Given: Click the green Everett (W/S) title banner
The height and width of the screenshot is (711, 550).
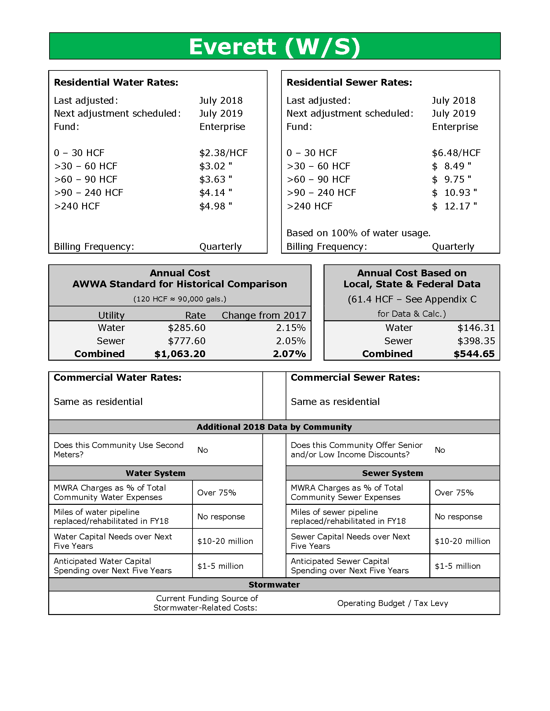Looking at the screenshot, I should point(275,46).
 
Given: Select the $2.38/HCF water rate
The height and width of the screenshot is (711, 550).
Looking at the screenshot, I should point(223,153).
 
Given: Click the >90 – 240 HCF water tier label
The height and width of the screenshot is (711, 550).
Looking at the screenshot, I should point(88,193).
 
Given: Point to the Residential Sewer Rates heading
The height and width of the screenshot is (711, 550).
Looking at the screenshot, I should point(349,82).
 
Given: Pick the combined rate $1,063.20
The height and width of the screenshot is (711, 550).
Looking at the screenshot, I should point(180,354).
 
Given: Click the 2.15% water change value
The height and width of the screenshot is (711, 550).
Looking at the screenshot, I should point(291,327).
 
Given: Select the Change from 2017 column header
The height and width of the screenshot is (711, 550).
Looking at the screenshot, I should point(264,315).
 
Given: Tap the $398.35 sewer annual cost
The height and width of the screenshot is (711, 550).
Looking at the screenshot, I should point(476,341).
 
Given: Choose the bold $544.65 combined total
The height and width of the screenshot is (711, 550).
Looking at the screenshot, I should point(474,354).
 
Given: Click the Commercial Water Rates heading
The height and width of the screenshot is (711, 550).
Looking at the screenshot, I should point(118,377).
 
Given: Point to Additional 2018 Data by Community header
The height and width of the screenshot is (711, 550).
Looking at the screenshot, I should point(274,427).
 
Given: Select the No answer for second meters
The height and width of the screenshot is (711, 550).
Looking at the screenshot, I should point(203,450).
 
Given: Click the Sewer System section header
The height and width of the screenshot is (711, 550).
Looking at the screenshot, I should point(392,473).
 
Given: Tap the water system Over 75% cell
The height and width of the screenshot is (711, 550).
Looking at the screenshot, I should point(216,493).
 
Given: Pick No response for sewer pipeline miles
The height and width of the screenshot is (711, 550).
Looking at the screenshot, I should point(458,517).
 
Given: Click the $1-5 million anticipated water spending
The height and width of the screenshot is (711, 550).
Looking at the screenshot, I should point(220,566).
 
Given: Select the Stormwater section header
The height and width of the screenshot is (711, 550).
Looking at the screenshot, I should point(274,585).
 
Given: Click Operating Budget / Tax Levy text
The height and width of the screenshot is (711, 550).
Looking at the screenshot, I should point(392,603).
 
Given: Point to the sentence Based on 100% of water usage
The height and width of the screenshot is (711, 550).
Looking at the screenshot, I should point(358,233).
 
